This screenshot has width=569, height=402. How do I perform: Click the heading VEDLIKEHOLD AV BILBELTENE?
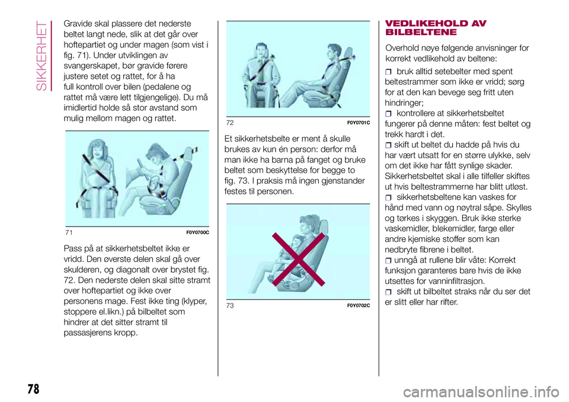click(436, 28)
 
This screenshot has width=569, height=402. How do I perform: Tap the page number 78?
click(33, 389)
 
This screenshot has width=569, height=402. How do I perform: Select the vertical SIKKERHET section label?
click(42, 56)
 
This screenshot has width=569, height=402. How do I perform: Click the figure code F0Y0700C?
click(198, 232)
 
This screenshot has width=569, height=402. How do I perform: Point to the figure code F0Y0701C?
click(359, 123)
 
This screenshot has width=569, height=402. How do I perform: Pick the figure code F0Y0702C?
click(359, 305)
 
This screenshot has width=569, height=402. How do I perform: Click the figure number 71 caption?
click(69, 232)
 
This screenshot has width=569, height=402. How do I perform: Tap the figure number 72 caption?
click(230, 123)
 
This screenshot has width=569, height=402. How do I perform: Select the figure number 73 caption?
click(230, 305)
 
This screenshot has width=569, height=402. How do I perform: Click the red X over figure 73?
click(298, 259)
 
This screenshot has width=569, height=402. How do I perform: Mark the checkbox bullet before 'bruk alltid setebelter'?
click(389, 72)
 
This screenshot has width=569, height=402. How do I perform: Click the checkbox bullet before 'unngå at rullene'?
click(389, 260)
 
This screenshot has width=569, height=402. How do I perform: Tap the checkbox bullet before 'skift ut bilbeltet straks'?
click(389, 292)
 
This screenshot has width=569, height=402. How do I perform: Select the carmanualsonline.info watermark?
click(481, 392)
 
